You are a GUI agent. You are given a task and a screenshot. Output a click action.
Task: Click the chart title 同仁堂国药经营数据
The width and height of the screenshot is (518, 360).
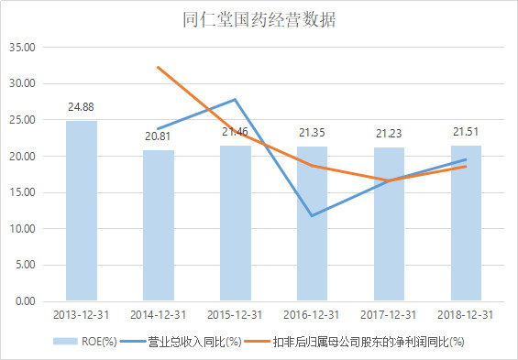(x=259, y=19)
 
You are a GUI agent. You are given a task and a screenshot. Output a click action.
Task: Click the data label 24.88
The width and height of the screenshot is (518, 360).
(x=82, y=107)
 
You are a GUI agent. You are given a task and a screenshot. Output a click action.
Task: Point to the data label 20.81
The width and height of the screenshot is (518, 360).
(x=159, y=136)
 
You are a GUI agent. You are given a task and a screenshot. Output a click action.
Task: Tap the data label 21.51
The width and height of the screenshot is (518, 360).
(x=466, y=132)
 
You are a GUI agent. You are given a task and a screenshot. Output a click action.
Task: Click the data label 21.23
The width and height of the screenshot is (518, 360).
(x=390, y=134)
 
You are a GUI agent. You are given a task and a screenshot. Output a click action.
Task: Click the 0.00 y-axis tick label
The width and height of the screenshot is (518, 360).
(x=23, y=300)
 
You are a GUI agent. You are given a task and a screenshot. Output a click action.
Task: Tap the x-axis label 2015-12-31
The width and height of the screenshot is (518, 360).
(x=236, y=314)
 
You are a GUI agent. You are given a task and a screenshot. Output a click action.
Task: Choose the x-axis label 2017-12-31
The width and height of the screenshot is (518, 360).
(x=390, y=314)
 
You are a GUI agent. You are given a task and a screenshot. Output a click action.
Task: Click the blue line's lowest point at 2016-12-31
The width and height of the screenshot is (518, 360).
(x=313, y=216)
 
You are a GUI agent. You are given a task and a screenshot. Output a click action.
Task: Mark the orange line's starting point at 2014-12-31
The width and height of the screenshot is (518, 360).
(x=159, y=67)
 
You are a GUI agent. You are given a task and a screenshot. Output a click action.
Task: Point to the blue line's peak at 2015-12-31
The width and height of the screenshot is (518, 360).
(x=236, y=99)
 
